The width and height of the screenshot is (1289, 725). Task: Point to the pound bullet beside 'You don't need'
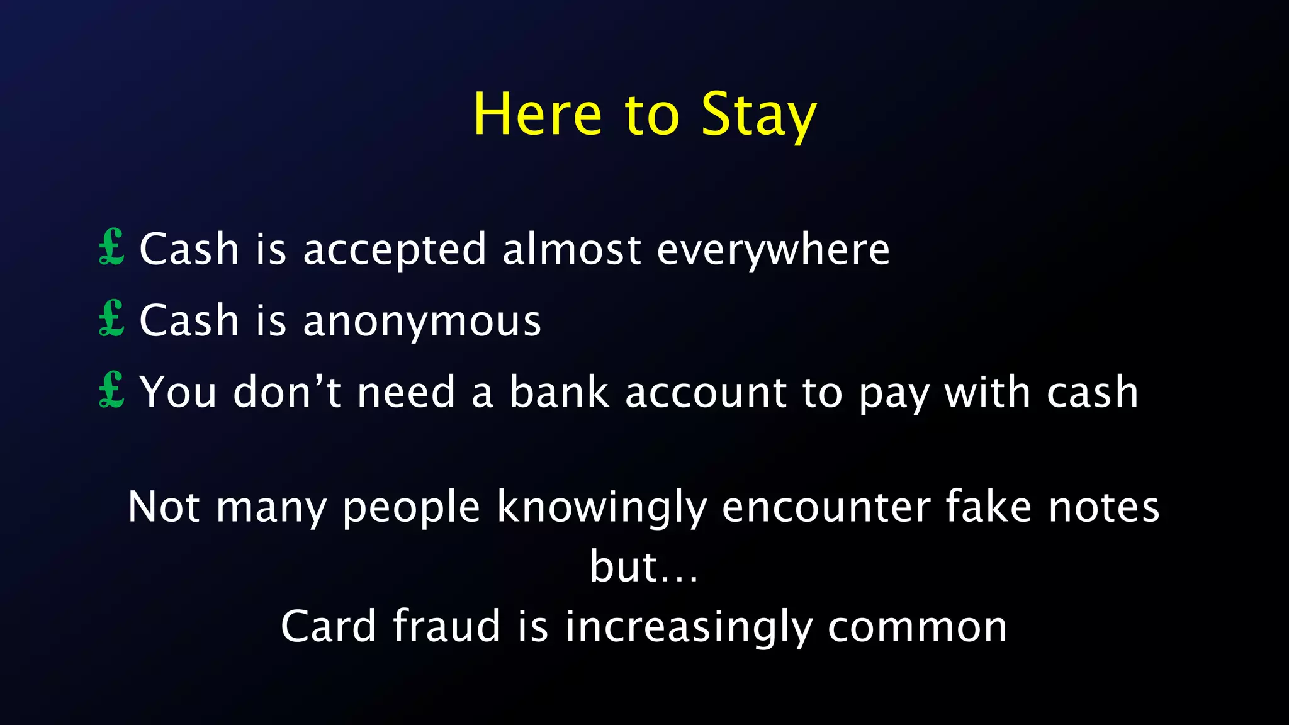pyautogui.click(x=112, y=390)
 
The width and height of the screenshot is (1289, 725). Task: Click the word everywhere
pyautogui.click(x=773, y=250)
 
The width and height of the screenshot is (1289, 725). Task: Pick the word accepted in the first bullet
pyautogui.click(x=395, y=250)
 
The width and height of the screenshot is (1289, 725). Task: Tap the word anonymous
pyautogui.click(x=422, y=321)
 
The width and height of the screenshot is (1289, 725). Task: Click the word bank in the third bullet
pyautogui.click(x=560, y=391)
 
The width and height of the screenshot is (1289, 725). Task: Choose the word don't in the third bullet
pyautogui.click(x=287, y=391)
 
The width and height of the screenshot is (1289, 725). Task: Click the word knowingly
pyautogui.click(x=602, y=507)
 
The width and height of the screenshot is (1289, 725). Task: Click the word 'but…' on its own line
pyautogui.click(x=644, y=566)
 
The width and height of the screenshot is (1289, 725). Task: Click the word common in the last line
pyautogui.click(x=917, y=627)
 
